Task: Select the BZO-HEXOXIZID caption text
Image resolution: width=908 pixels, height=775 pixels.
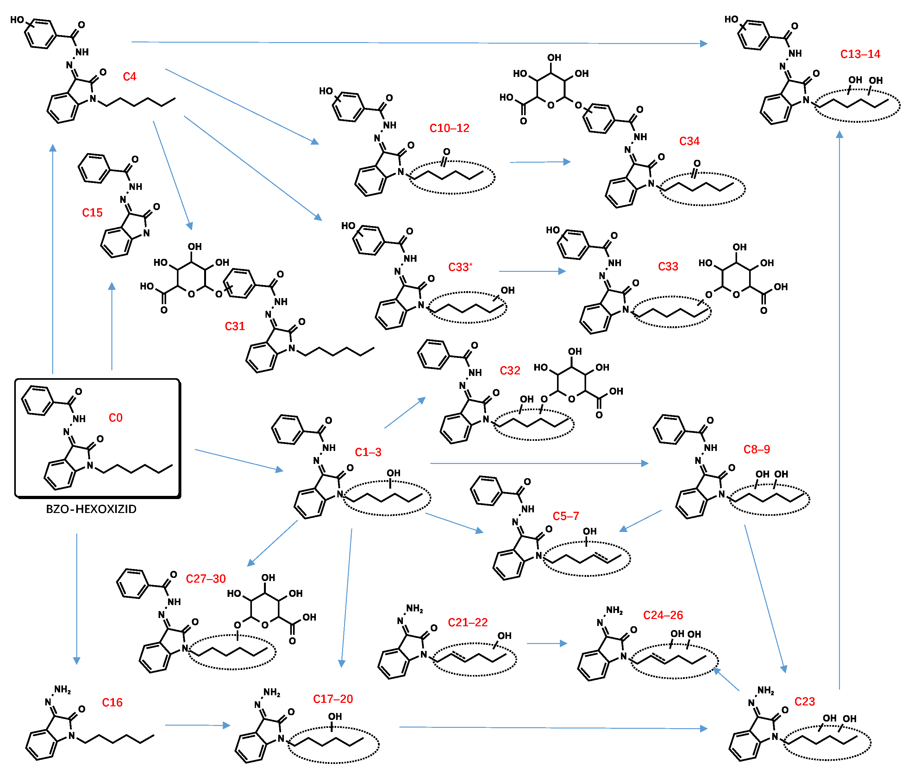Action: pos(91,509)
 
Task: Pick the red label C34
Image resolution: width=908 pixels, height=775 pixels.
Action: pos(689,141)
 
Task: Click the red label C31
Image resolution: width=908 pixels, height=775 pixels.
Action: pos(235,326)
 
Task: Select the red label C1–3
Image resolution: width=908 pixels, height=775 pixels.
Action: pos(368,452)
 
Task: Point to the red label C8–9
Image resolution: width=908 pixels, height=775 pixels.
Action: pos(756,449)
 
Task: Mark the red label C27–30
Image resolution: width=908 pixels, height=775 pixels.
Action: pos(205,579)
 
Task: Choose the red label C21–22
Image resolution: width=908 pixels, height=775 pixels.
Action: pos(467,622)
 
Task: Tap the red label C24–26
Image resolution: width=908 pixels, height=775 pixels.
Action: pos(663,615)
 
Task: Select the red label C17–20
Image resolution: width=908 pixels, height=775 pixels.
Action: pos(333,699)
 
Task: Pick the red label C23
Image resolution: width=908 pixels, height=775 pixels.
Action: pos(804,701)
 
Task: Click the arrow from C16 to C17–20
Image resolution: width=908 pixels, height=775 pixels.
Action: pos(197,725)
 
